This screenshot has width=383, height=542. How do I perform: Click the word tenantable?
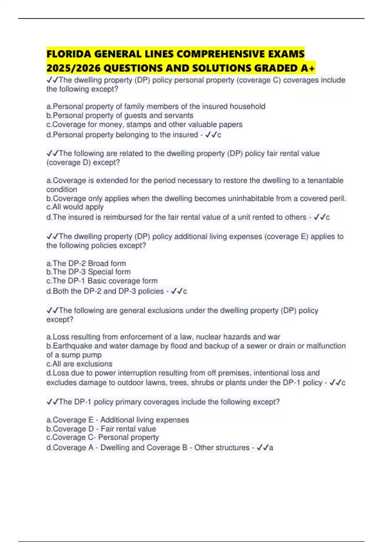click(325, 180)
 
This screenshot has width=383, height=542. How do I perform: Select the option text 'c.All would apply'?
click(75, 207)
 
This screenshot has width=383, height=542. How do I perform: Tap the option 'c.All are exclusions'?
click(79, 364)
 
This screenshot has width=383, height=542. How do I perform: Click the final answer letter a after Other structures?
click(271, 448)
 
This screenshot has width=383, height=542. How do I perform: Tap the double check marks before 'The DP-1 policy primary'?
click(52, 402)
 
